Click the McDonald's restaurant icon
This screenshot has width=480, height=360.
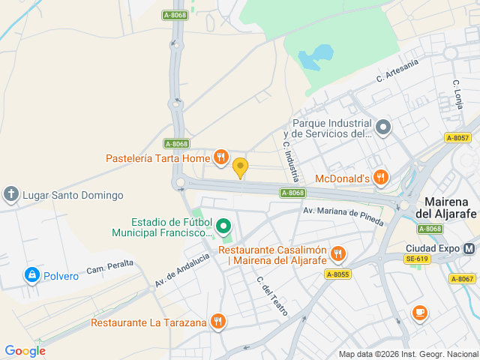click(x=382, y=178)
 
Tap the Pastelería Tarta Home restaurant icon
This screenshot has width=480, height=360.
click(x=220, y=157)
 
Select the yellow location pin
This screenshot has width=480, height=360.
click(x=240, y=168)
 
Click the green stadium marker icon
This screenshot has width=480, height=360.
click(x=223, y=225)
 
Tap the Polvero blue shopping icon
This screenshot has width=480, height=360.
click(x=31, y=276)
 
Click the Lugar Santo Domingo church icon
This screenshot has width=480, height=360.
click(x=11, y=195)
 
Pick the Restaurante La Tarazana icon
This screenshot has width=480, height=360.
click(x=217, y=322)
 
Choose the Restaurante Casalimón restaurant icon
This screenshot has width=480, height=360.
click(x=337, y=253)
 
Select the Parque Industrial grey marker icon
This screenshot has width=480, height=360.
click(x=383, y=127)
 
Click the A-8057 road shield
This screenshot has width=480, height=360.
click(x=457, y=138)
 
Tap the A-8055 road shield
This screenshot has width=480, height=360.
click(x=338, y=274)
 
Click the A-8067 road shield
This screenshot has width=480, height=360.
click(x=462, y=279)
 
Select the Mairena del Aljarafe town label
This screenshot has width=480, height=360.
click(x=448, y=208)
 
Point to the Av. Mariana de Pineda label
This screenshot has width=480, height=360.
click(x=343, y=216)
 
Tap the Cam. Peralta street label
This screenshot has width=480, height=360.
click(x=109, y=268)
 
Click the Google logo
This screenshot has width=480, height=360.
click(x=25, y=350)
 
